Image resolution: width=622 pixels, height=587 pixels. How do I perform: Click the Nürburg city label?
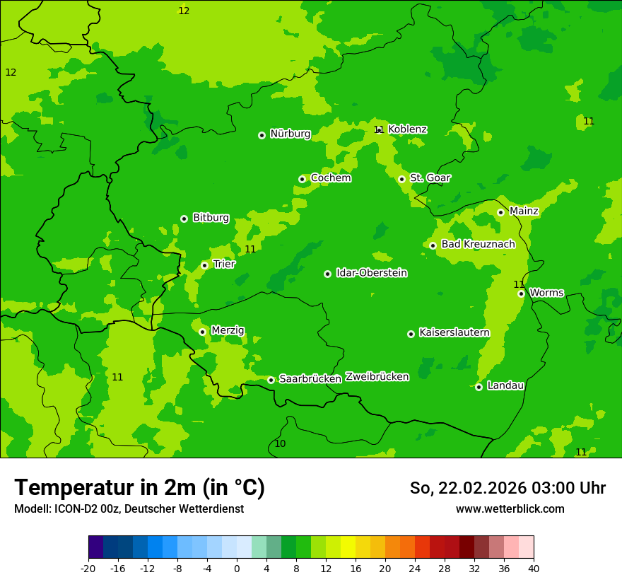pos(290,134)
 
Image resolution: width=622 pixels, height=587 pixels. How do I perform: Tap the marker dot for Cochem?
pos(302,179)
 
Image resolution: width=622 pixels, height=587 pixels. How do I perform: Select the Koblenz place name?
pos(407,129)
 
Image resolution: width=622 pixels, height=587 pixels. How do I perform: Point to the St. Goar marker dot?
pos(401,179)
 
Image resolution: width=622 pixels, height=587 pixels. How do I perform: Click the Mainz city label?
pos(524,211)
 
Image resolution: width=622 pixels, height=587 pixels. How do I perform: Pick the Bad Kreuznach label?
pos(478,244)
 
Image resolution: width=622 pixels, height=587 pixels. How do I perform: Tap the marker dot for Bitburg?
pos(184,219)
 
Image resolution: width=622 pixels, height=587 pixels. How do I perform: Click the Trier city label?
pos(224,264)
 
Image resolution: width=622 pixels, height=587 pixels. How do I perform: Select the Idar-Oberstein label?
pos(371,273)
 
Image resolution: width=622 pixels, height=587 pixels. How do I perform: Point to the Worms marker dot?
pos(521,293)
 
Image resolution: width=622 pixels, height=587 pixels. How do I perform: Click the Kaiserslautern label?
pos(454,332)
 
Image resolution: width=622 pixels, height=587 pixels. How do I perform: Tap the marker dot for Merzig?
pos(202,332)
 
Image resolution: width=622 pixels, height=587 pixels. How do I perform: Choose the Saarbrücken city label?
pos(310,379)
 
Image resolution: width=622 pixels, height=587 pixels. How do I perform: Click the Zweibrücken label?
pos(377,377)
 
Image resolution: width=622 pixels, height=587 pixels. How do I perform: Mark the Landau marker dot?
pos(479,387)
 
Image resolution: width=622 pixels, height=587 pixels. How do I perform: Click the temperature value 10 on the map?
pos(280,444)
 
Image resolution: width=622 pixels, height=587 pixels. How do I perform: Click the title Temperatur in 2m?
pos(139,488)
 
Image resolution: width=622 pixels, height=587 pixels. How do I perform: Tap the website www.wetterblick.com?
pos(510,509)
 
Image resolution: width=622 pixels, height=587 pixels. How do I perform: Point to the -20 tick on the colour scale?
pos(88,569)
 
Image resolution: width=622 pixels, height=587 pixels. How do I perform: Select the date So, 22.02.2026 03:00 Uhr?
pos(507,488)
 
